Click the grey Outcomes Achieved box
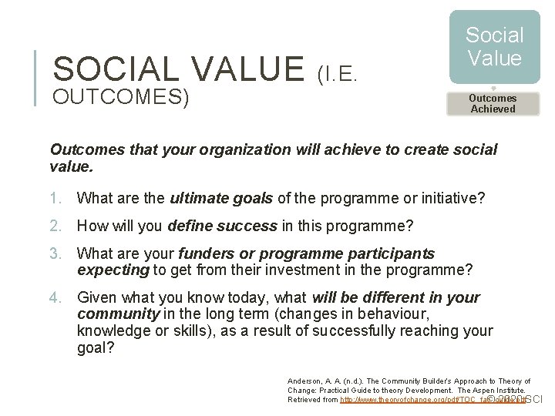[493, 103]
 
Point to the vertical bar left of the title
[39, 77]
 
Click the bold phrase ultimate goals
[221, 199]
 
